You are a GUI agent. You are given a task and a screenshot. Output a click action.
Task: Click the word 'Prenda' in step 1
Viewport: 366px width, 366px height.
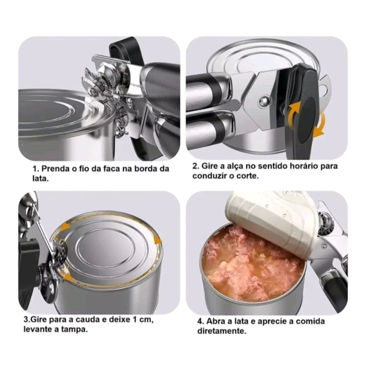(54, 169)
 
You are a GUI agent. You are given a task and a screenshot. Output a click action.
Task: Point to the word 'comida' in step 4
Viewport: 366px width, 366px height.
(311, 321)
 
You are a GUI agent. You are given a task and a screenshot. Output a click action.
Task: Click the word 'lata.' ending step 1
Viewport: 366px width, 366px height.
(40, 178)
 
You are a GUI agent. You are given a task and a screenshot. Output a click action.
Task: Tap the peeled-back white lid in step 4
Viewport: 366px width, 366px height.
(272, 222)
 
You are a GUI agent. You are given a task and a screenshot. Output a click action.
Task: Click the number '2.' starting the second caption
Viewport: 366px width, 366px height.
(196, 166)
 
